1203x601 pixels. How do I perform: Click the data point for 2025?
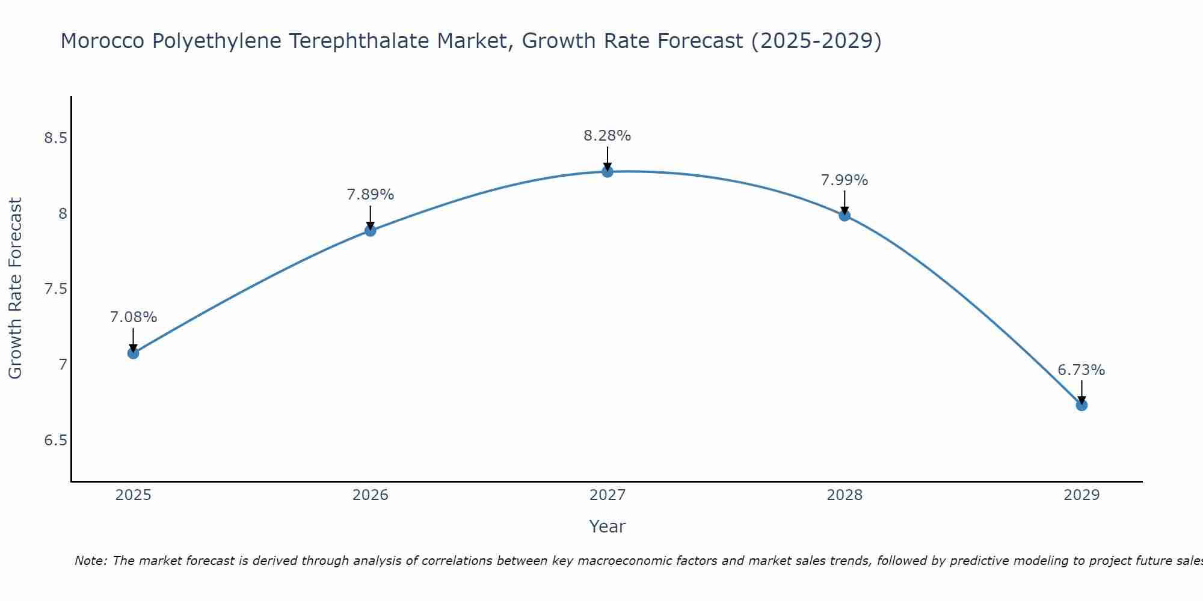tap(133, 353)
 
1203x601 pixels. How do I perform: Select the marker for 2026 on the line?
tap(370, 231)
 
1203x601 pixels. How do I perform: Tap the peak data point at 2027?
tap(608, 172)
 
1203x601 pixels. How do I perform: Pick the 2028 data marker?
tap(845, 216)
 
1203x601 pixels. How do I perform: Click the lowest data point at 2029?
tap(1081, 405)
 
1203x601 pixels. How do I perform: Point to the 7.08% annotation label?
tap(133, 317)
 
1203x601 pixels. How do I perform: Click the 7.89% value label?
tap(370, 195)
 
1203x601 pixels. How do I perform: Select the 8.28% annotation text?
tap(608, 136)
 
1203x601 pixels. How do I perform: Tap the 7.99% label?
tap(845, 180)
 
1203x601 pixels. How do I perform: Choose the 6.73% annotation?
tap(1081, 370)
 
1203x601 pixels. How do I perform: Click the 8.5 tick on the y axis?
tap(55, 138)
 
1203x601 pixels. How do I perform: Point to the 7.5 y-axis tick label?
tap(55, 289)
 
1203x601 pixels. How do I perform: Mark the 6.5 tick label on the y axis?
tap(55, 441)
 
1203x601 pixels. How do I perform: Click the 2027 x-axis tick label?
tap(608, 495)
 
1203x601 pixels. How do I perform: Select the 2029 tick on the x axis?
tap(1081, 495)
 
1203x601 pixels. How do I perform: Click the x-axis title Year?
tap(608, 526)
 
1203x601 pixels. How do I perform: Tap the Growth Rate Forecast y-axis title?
tap(15, 288)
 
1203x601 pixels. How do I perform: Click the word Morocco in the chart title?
tap(103, 41)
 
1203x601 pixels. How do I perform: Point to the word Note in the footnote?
tap(90, 561)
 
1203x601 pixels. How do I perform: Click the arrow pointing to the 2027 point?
tap(608, 157)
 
